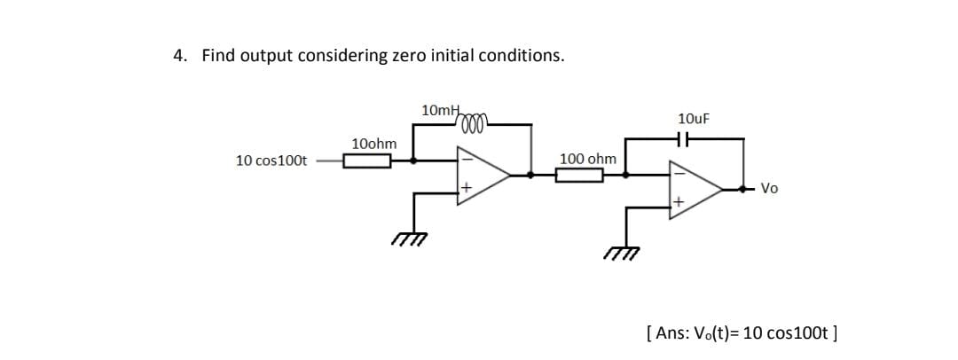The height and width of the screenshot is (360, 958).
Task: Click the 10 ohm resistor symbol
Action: click(x=368, y=161)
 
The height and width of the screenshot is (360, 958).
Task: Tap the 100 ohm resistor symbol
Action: click(x=580, y=175)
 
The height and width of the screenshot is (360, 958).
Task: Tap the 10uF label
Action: click(x=693, y=118)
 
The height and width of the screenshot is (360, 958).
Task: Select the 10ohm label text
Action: click(x=374, y=144)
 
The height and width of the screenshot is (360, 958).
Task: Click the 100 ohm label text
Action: click(x=588, y=158)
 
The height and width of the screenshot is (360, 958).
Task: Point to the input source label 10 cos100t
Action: click(x=271, y=160)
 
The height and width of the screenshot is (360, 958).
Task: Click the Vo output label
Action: click(x=770, y=188)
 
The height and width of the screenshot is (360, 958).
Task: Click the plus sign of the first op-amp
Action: click(x=464, y=188)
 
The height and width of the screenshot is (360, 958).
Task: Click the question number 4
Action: click(x=180, y=56)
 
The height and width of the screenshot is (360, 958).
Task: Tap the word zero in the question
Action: click(x=410, y=56)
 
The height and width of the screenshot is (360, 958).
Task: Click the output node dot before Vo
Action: click(x=743, y=189)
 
